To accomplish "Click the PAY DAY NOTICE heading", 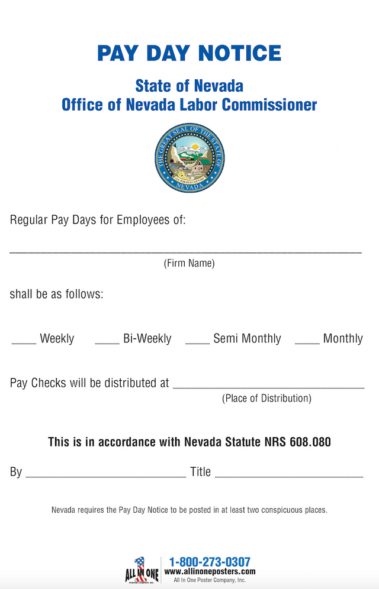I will pyautogui.click(x=189, y=53).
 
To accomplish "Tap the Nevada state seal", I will pyautogui.click(x=189, y=158).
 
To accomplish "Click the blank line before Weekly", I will pyautogui.click(x=24, y=342).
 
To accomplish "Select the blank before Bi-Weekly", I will pyautogui.click(x=107, y=342).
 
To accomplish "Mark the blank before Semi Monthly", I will pyautogui.click(x=197, y=342).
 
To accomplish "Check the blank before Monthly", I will pyautogui.click(x=307, y=342).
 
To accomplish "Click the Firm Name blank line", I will pyautogui.click(x=185, y=252).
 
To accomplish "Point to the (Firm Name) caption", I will pyautogui.click(x=189, y=263).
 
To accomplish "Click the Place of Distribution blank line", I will pyautogui.click(x=268, y=387).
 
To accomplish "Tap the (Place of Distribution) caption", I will pyautogui.click(x=266, y=398).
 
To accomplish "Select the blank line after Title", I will pyautogui.click(x=288, y=475).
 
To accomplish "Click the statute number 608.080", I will pyautogui.click(x=310, y=442).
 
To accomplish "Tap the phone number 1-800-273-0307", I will pyautogui.click(x=210, y=562).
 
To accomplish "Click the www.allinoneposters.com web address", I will pyautogui.click(x=210, y=572).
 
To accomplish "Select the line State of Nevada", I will pyautogui.click(x=189, y=86).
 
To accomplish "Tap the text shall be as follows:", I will pyautogui.click(x=56, y=294).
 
